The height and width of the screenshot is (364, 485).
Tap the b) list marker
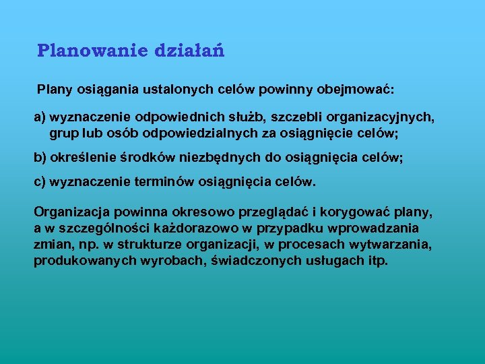pos(40,158)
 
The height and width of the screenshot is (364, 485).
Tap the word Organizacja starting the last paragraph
pos(69,212)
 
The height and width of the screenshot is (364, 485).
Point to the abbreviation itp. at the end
pos(378,261)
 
